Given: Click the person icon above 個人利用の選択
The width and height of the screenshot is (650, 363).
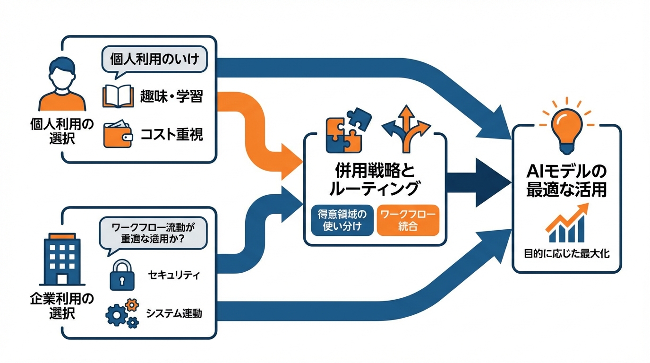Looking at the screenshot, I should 62,84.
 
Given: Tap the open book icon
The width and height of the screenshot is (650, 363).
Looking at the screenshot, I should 115,96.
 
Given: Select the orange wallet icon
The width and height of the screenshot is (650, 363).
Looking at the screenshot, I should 117,135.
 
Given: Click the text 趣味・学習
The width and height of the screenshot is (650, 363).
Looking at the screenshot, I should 172,97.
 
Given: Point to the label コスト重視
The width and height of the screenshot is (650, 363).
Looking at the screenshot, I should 172,135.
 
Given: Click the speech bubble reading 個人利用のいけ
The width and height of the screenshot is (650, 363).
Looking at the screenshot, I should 154,60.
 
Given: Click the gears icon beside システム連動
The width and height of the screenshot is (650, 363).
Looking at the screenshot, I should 122,313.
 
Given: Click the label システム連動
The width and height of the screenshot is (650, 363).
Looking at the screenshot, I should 174,313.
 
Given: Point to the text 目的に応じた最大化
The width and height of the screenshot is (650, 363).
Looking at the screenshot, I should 566,254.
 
